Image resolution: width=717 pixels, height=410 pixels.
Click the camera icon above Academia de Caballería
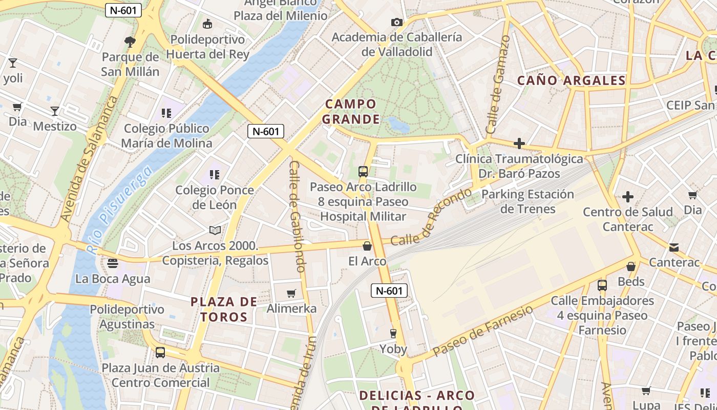[x=396, y=22]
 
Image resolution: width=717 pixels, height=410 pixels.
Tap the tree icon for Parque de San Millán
[x=130, y=42]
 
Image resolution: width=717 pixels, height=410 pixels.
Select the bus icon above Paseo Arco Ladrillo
[x=363, y=172]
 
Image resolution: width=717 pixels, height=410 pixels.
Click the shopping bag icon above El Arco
[x=367, y=247]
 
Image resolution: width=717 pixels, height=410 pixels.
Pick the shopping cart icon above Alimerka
[x=291, y=293]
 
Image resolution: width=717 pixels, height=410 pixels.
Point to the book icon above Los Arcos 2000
[x=215, y=231]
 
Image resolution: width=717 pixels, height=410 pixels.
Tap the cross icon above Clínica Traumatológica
[x=519, y=143]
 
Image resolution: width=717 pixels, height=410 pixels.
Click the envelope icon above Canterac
[x=674, y=248]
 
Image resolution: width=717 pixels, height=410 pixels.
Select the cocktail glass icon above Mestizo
[x=55, y=111]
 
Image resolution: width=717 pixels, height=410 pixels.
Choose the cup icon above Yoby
[x=393, y=334]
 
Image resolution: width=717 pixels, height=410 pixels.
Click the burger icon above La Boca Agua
[x=113, y=263]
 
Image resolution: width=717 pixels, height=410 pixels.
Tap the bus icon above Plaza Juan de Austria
[x=160, y=353]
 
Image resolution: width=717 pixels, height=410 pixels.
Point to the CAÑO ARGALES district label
[x=571, y=80]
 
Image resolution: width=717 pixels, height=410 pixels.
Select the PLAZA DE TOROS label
[x=224, y=309]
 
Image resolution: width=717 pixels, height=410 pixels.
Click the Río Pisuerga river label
[x=119, y=210]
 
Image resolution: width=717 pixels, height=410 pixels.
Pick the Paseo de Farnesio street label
[x=482, y=331]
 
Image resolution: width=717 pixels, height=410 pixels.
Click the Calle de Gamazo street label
[x=498, y=85]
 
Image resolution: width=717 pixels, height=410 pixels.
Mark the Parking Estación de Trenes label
[x=528, y=201]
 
